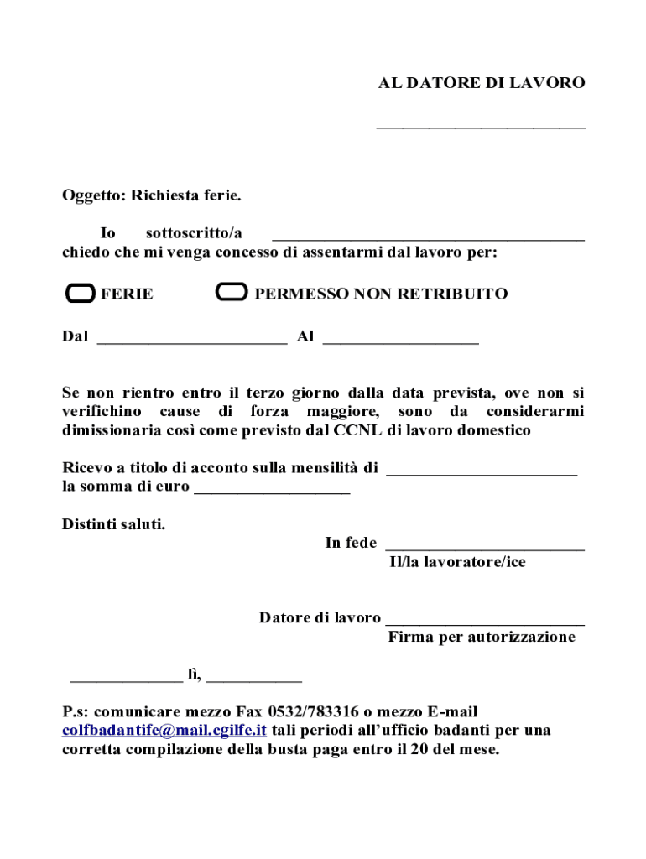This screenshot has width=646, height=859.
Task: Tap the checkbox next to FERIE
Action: (81, 294)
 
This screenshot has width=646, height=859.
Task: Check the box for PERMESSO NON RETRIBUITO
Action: (232, 293)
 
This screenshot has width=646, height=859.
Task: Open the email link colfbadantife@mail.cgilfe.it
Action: (164, 730)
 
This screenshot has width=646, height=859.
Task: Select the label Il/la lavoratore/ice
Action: (457, 562)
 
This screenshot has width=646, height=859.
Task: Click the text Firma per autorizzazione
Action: (482, 637)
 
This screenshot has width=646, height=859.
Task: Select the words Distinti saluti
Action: (114, 525)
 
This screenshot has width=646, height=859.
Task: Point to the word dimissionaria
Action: (112, 430)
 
